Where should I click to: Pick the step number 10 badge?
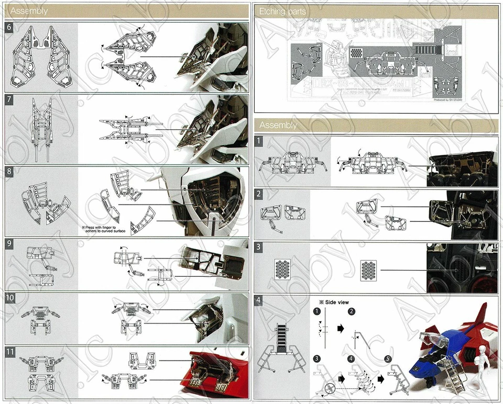coord(10,298)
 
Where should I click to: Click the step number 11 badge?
coord(10,351)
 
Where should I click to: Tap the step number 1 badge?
coord(259,141)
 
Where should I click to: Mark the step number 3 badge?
coord(259,248)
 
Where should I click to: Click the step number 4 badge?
coord(259,300)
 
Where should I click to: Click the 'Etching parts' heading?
coord(282,11)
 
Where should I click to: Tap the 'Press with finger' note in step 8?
coord(104,230)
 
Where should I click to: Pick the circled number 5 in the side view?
coord(387,358)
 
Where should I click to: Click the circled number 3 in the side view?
coord(317,358)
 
